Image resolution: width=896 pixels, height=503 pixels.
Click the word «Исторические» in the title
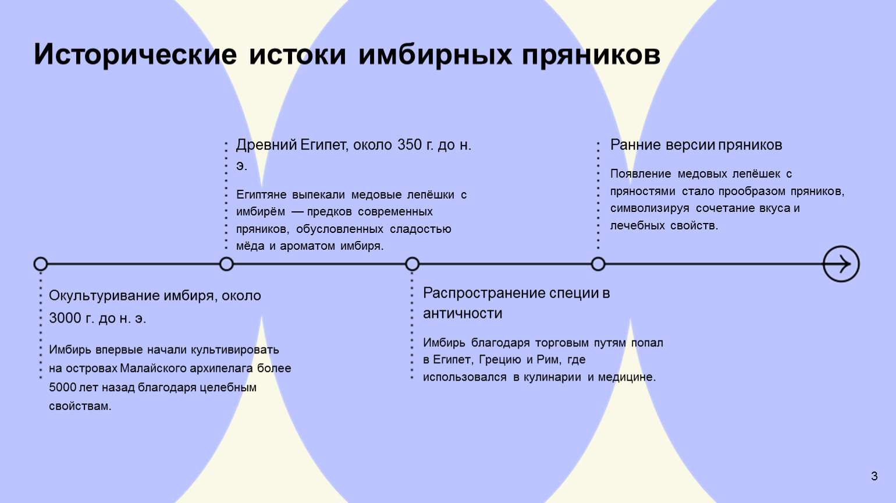135,54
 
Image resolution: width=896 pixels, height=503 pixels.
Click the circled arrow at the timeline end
841,264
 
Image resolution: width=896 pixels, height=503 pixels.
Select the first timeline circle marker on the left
40,264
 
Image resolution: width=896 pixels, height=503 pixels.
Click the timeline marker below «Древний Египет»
226,264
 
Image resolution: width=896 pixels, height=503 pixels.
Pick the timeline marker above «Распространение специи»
412,264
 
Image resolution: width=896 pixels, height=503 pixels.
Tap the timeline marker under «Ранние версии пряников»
598,264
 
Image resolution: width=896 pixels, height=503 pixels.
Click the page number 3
874,476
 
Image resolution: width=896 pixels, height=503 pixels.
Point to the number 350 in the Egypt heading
410,145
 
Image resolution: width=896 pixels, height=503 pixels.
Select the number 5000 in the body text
63,387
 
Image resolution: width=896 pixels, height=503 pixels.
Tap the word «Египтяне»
261,195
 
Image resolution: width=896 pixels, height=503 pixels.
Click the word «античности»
463,313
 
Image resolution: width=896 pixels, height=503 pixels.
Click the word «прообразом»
752,192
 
